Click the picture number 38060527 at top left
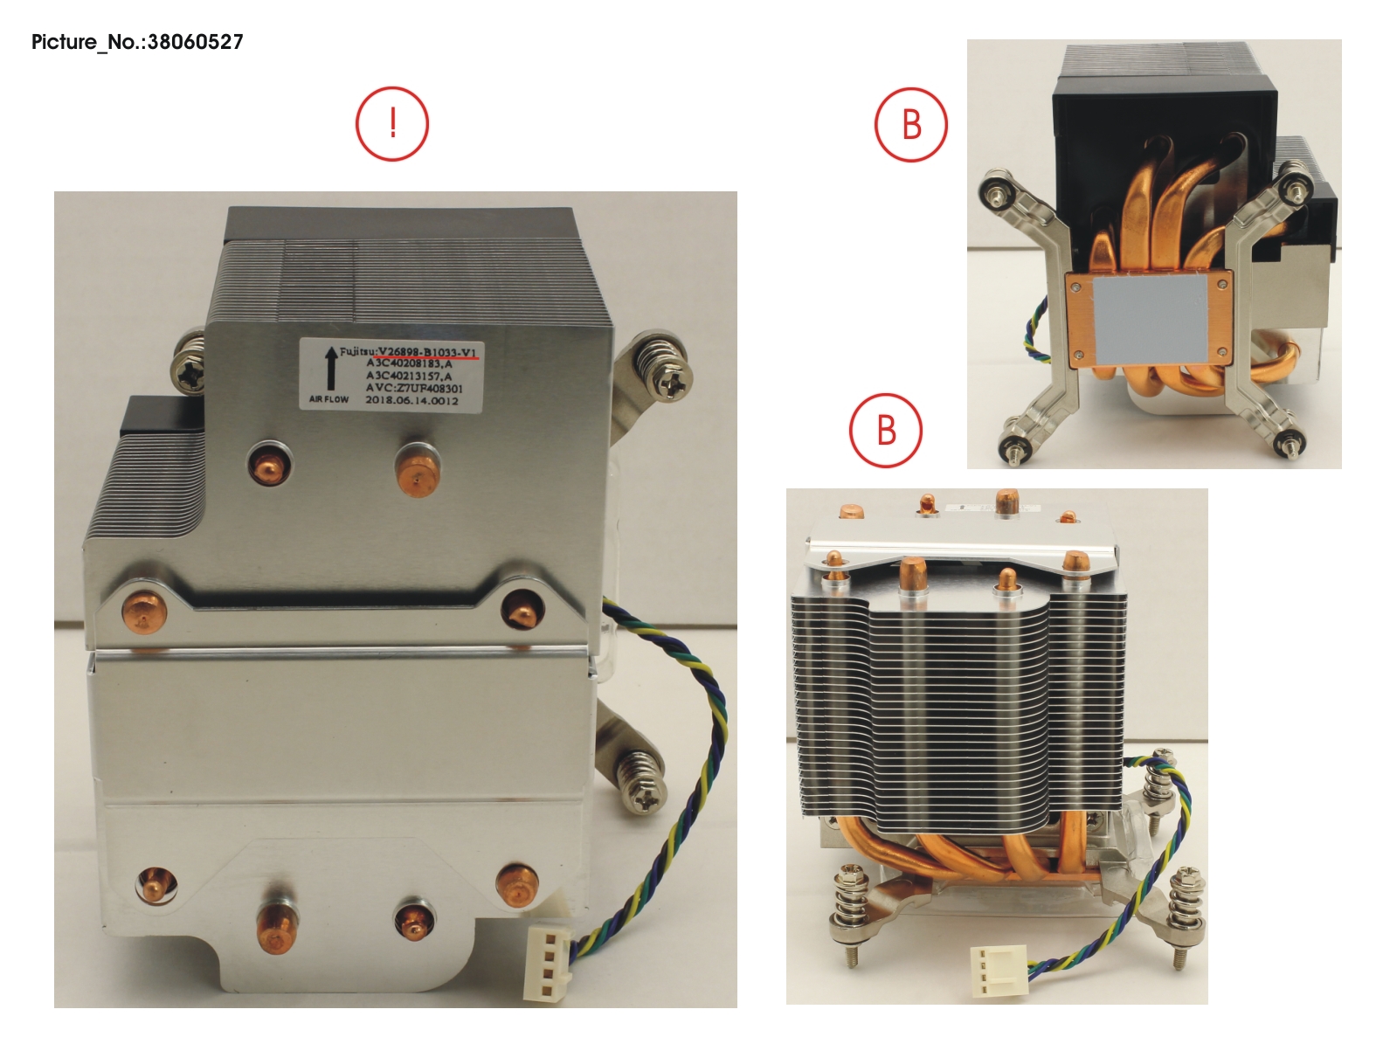click(137, 42)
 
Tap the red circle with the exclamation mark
click(392, 124)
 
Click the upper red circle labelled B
click(911, 124)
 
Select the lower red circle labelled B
click(886, 430)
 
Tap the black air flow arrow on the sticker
click(330, 370)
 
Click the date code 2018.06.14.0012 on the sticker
click(411, 400)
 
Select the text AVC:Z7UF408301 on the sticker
click(414, 388)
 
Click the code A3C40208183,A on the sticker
click(409, 363)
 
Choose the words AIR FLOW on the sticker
click(328, 399)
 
